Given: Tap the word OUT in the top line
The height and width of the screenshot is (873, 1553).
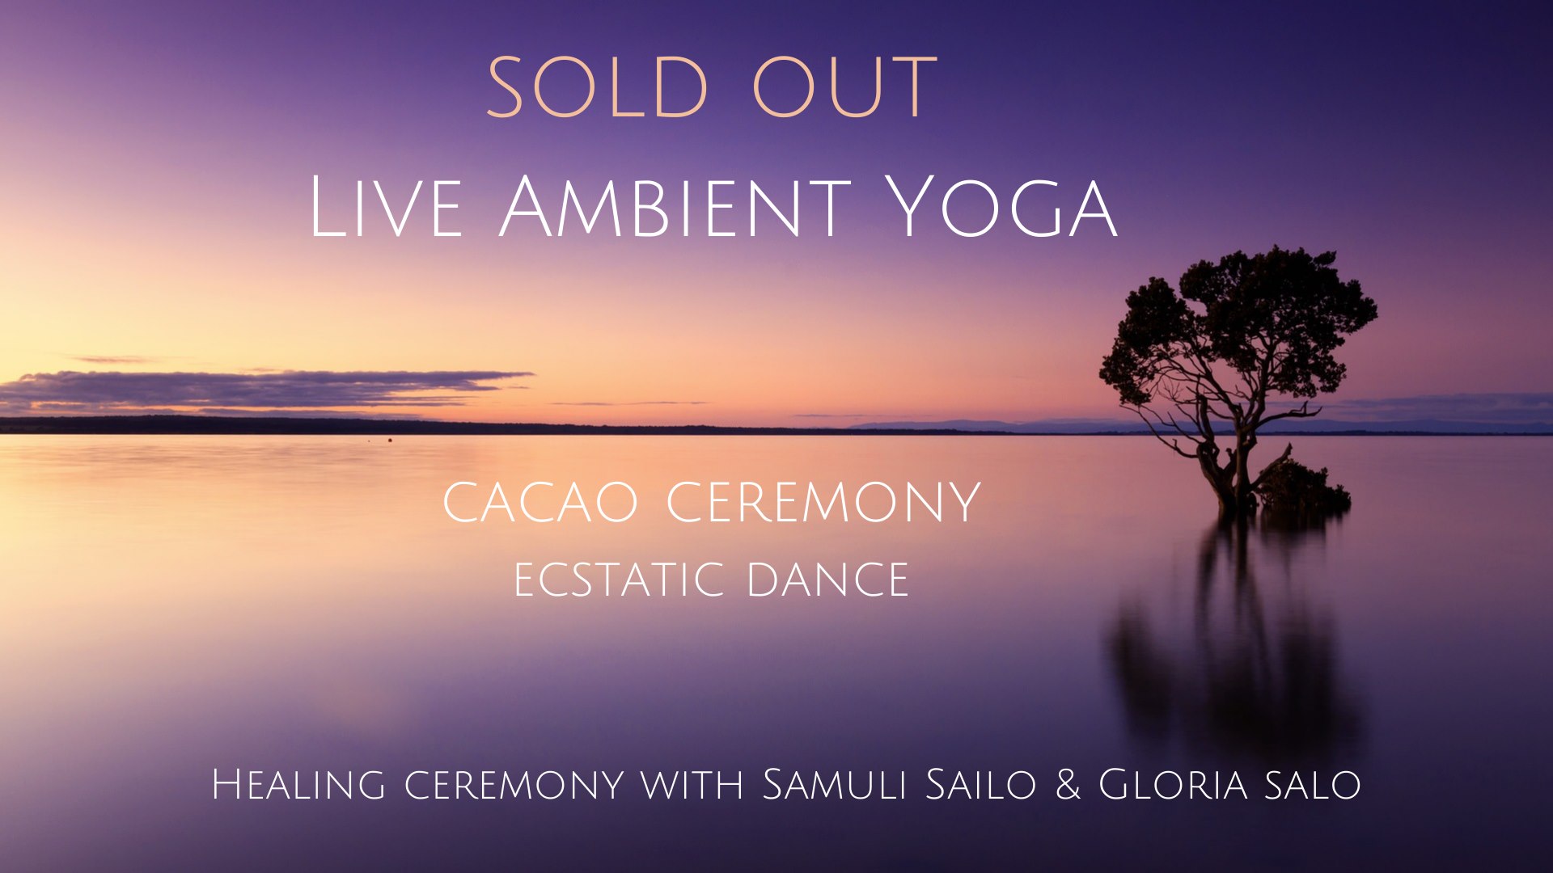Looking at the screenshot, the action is (844, 86).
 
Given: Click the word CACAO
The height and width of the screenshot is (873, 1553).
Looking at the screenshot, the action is (540, 502).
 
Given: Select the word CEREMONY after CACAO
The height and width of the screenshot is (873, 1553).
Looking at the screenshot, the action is (823, 502).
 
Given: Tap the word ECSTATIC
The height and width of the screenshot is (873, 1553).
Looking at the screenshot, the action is (619, 580).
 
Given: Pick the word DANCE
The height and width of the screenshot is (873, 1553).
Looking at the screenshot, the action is (828, 580).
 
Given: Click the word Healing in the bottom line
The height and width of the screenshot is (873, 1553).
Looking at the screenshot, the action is (298, 785).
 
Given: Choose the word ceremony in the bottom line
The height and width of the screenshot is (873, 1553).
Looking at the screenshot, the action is (514, 787).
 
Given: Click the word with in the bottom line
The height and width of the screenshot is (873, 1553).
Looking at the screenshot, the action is (692, 787).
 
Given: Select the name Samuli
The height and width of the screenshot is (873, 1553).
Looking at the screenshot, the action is (834, 784).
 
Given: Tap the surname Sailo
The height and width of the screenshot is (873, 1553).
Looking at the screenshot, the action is (981, 784).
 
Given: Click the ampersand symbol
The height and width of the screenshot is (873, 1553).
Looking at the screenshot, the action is (1068, 785).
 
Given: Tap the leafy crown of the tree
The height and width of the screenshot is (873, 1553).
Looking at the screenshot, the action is (1238, 323).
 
